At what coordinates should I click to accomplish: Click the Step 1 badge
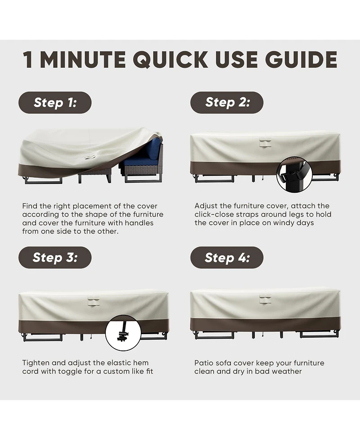pos(55,102)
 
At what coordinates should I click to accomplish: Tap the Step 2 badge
pos(227,102)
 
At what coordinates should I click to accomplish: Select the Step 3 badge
pos(55,257)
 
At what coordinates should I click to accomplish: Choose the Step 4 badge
pos(227,257)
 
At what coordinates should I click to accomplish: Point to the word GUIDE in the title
pos(301,59)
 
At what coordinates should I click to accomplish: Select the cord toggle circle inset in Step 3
pos(123,333)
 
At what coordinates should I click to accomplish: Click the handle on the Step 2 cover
pos(265,143)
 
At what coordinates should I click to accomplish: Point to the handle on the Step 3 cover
pos(94,301)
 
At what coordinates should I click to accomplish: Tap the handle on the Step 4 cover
pos(265,299)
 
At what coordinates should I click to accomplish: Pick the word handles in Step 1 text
pos(139,223)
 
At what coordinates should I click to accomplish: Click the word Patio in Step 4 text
pos(202,363)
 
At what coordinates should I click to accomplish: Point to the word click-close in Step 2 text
pos(212,214)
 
